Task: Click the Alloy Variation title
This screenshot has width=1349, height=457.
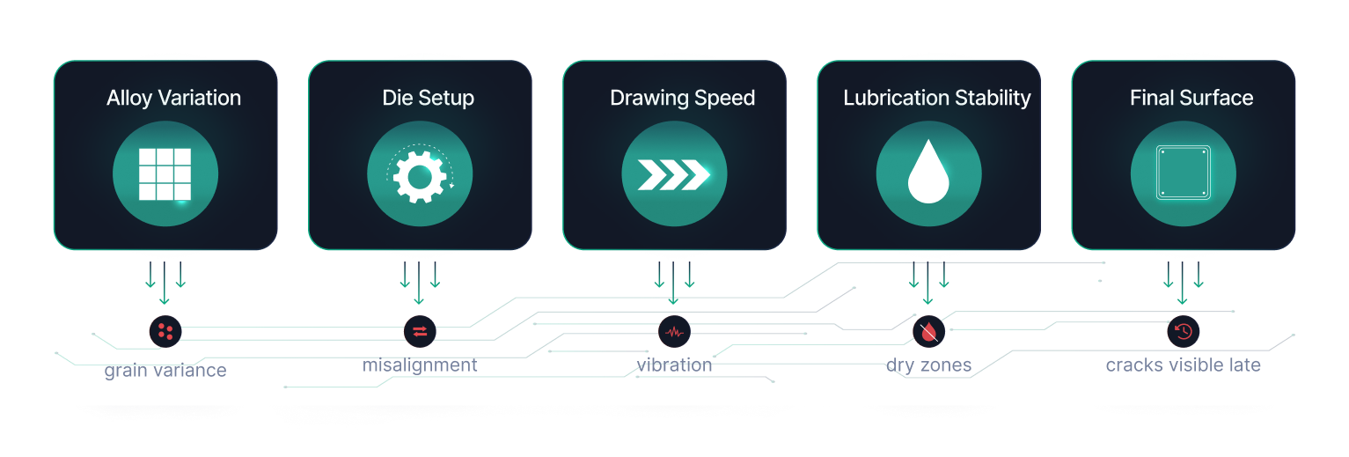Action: pyautogui.click(x=173, y=98)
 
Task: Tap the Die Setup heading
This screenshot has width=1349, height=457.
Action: pyautogui.click(x=428, y=98)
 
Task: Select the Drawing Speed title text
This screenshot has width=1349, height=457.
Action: pyautogui.click(x=682, y=98)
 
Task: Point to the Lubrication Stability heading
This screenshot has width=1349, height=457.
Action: pyautogui.click(x=936, y=98)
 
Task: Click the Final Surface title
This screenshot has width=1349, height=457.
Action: pyautogui.click(x=1191, y=98)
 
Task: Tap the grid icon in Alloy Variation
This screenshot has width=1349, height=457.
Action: pyautogui.click(x=165, y=174)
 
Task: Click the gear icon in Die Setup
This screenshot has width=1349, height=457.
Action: pyautogui.click(x=420, y=174)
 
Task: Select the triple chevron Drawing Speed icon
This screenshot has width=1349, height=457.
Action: pyautogui.click(x=674, y=174)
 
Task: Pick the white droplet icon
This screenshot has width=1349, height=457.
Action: pyautogui.click(x=928, y=174)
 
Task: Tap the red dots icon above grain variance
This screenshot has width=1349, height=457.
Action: pyautogui.click(x=165, y=331)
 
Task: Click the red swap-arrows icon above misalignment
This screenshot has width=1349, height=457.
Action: pyautogui.click(x=420, y=331)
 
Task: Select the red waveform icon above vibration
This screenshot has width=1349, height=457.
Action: pyautogui.click(x=674, y=332)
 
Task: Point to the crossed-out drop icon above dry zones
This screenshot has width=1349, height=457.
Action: pyautogui.click(x=928, y=331)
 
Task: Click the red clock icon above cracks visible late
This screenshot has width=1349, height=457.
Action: pyautogui.click(x=1184, y=331)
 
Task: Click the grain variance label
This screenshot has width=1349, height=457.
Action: pyautogui.click(x=165, y=371)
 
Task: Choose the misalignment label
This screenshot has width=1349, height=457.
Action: pyautogui.click(x=420, y=365)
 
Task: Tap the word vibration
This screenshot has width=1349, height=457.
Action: pyautogui.click(x=674, y=365)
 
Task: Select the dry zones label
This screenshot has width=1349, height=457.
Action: pyautogui.click(x=928, y=365)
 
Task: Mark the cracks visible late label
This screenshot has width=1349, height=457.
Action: pyautogui.click(x=1183, y=365)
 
